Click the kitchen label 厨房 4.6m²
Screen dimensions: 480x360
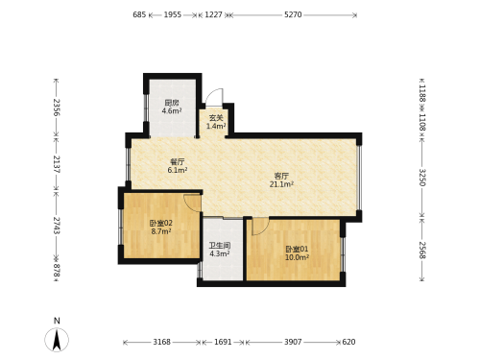tap(172, 107)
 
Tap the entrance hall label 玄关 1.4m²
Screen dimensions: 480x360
tap(216, 122)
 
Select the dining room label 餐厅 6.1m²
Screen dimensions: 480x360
tap(178, 166)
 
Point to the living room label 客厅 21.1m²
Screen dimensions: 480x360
tap(281, 180)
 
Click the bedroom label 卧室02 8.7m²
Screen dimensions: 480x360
tap(161, 227)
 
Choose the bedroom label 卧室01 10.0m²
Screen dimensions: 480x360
tap(297, 252)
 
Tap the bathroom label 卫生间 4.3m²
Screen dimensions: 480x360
tap(220, 250)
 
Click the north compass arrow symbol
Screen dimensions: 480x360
tap(57, 340)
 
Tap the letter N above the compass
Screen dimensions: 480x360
tap(57, 321)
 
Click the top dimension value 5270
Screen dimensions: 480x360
tap(293, 14)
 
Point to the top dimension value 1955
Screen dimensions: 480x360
tap(173, 14)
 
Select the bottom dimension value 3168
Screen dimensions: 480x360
tap(161, 342)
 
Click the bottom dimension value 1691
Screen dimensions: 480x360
tap(223, 342)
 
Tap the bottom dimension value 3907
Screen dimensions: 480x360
tap(293, 342)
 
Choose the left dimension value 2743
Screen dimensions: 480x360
tap(57, 226)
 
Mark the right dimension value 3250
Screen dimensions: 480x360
tap(422, 178)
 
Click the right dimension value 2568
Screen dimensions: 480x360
tap(422, 251)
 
